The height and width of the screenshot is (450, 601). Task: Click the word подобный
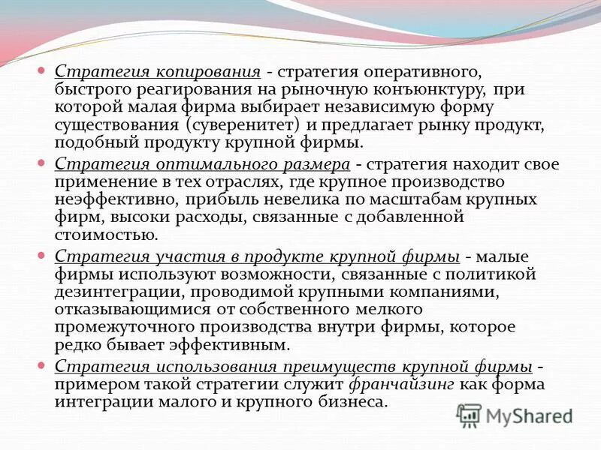click(92, 142)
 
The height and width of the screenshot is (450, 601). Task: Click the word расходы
click(194, 217)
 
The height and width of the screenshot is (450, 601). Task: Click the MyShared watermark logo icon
click(469, 415)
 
